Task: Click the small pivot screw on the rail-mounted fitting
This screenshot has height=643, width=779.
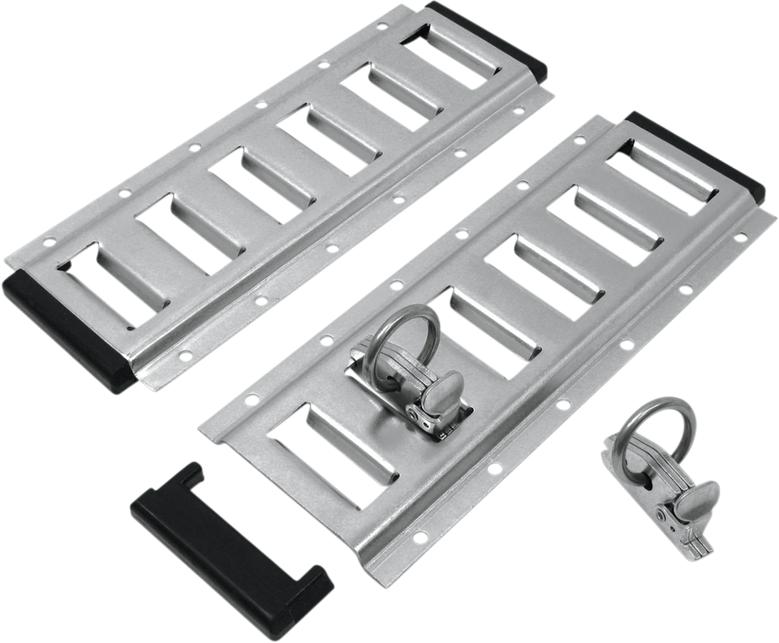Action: pyautogui.click(x=420, y=415)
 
